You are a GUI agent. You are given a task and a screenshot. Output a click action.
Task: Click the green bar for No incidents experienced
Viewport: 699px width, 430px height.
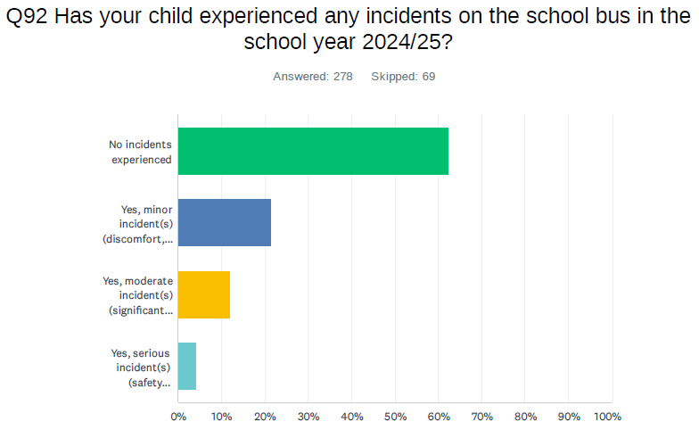coord(313,151)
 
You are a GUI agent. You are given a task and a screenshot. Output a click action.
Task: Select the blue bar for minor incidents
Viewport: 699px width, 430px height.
coord(225,222)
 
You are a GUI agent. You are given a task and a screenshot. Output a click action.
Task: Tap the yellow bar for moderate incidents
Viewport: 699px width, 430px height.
coord(204,294)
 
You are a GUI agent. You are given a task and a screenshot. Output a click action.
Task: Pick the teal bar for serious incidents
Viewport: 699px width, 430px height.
coord(187,366)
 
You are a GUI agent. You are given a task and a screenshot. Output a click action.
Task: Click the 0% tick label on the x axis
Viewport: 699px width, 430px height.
coord(178,417)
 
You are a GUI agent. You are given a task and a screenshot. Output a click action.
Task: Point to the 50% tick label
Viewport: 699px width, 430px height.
coord(395,417)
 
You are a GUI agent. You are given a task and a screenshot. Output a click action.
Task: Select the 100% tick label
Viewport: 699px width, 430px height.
coord(608,417)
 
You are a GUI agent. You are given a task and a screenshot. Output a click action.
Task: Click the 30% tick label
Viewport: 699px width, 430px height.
coord(308,417)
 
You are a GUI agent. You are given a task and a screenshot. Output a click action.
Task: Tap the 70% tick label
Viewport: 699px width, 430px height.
coord(481,417)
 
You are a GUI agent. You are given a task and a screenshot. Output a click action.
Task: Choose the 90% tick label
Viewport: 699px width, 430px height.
coord(568,417)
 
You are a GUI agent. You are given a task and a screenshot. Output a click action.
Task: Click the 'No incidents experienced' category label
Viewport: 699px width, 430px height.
coord(140,152)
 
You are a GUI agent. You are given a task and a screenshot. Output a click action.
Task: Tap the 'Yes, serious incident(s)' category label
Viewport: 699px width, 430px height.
coord(140,367)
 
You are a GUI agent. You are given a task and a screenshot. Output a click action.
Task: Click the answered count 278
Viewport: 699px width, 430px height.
coord(343,77)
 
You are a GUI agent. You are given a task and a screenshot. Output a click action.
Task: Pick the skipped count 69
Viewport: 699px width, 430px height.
coord(428,77)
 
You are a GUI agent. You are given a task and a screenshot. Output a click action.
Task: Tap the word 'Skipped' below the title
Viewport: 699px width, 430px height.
coord(393,77)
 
